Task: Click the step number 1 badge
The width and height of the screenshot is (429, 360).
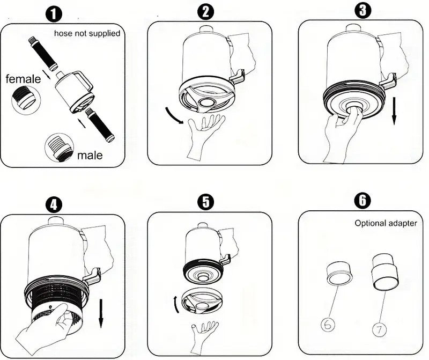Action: point(54,14)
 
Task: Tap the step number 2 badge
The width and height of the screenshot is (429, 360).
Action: point(205,12)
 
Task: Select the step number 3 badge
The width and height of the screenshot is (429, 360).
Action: point(363,11)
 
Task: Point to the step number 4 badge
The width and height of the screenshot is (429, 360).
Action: point(54,204)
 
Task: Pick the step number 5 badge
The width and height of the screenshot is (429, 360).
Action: point(205,202)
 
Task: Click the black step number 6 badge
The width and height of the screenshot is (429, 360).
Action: point(363,201)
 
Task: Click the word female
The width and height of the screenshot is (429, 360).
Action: point(23,79)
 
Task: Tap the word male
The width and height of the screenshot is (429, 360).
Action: point(90,155)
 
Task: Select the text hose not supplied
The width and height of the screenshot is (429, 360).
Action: point(87,33)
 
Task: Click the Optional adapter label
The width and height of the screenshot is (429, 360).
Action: point(386,223)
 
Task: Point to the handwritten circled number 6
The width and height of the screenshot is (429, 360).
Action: point(328,325)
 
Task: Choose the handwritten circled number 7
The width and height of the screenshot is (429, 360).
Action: point(380,329)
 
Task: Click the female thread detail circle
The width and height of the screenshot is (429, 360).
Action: point(26,100)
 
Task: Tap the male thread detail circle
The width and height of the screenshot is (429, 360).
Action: point(60,148)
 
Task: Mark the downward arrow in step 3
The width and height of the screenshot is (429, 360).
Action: point(394,111)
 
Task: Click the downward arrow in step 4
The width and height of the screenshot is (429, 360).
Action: point(101,313)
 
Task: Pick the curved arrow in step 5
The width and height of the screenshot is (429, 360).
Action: point(175,304)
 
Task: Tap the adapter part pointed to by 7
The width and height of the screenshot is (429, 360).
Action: point(384,271)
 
